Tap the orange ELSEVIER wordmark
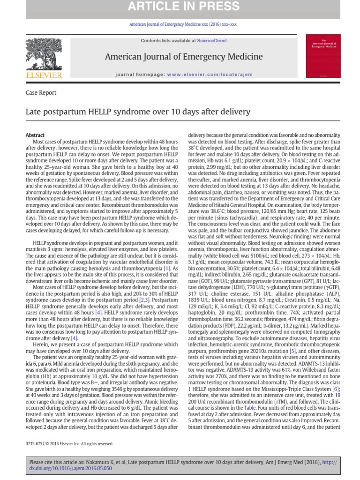(x=45, y=75)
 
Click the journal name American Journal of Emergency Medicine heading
(x=184, y=57)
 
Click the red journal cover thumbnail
(x=323, y=56)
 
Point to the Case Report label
(x=41, y=93)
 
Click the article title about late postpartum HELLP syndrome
(x=138, y=112)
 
